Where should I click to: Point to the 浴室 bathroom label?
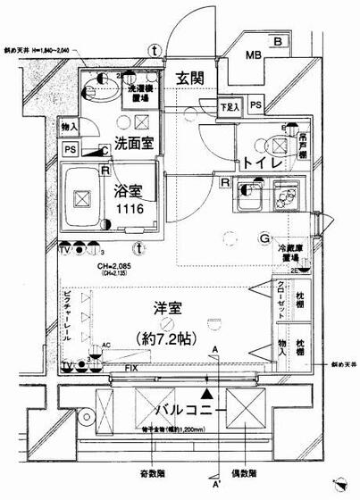tap(130, 189)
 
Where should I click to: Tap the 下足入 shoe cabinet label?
tap(230, 108)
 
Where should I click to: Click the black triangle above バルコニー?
tap(209, 391)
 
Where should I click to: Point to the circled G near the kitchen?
tap(265, 237)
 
